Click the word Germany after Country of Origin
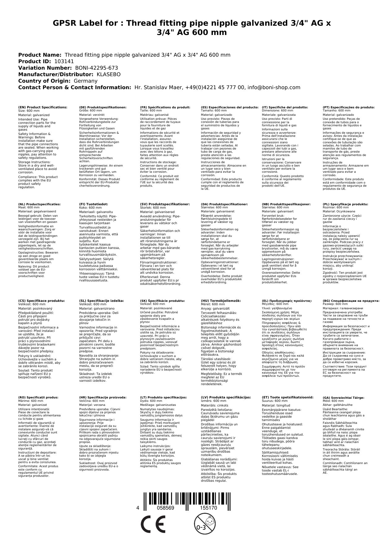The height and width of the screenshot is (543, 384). click(85, 81)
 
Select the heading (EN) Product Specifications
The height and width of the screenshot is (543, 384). click(43, 107)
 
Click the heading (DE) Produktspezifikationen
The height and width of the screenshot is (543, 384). click(103, 107)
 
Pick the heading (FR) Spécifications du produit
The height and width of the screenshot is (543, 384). click(165, 107)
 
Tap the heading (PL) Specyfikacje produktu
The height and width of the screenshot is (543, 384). click(345, 204)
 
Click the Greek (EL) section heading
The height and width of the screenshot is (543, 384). click(287, 301)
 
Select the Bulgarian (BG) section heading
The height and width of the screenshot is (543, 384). click(351, 301)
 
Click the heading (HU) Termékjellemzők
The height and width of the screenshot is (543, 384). click(221, 301)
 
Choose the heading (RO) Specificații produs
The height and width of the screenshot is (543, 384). click(38, 397)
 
